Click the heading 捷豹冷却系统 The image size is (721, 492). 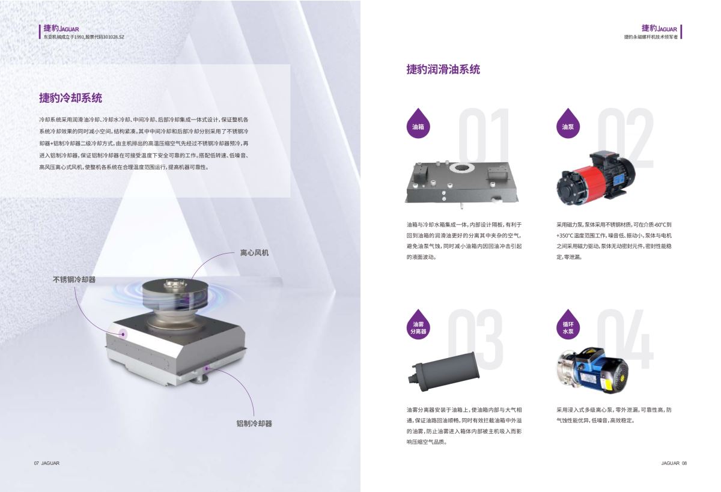(70, 98)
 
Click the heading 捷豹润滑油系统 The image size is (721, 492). (443, 69)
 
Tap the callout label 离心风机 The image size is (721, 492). (254, 252)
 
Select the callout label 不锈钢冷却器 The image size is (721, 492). (74, 279)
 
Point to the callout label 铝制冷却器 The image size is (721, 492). (254, 423)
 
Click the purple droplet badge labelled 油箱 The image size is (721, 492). (418, 124)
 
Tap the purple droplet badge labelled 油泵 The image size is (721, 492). (568, 124)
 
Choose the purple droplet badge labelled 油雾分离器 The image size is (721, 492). (418, 324)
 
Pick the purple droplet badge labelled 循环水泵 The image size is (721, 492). (568, 324)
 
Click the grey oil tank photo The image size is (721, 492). (462, 184)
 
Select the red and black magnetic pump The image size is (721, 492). (595, 178)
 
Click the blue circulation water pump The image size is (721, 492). (593, 370)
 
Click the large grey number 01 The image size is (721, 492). (484, 136)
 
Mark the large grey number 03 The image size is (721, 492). (475, 339)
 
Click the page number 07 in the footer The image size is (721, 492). (37, 463)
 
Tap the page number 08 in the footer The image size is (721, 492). (684, 463)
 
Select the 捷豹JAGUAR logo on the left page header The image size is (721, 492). (61, 28)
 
